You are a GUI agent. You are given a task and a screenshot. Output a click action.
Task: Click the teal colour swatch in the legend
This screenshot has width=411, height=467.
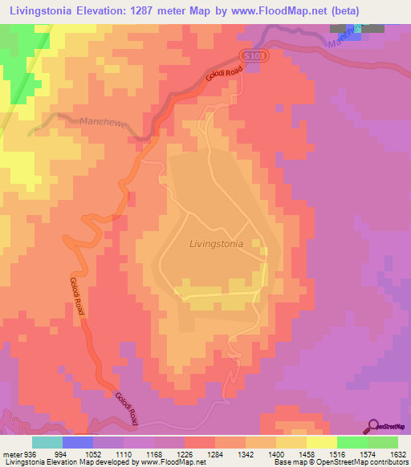[x=47, y=442]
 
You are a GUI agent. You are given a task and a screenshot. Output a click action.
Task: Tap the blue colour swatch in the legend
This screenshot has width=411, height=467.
[x=78, y=442]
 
